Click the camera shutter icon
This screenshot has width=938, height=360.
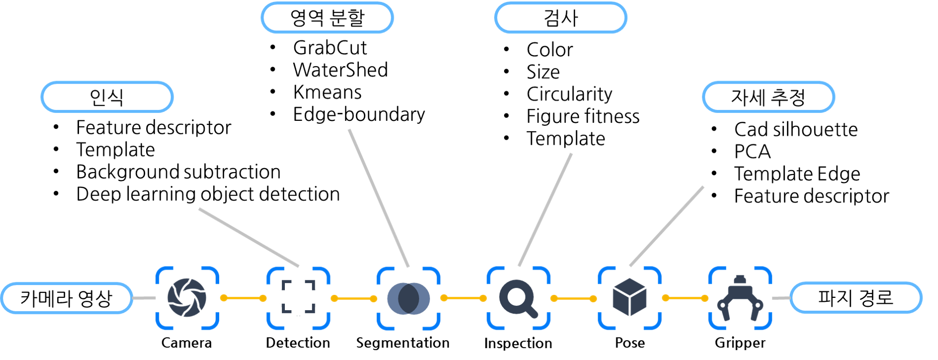[187, 298]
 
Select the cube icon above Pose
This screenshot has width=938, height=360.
[630, 297]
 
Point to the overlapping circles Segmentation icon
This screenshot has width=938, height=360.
[409, 298]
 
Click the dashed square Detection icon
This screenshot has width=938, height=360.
[298, 297]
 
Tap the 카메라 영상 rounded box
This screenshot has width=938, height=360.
[67, 298]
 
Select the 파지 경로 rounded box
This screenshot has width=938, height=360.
[855, 298]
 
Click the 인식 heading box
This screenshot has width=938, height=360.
[107, 97]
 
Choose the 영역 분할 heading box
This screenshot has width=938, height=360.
[327, 18]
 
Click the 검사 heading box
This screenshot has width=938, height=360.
[561, 18]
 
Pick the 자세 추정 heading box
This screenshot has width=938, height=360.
[768, 97]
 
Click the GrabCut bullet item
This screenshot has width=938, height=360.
[330, 48]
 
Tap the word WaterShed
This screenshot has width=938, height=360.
[341, 70]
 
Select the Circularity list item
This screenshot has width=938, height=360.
[569, 94]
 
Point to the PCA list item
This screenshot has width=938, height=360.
[752, 152]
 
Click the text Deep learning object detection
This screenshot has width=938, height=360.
[208, 194]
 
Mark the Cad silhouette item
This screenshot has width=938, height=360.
[796, 129]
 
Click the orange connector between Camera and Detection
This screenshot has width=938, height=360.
[244, 298]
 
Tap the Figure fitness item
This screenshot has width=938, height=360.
[583, 116]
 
